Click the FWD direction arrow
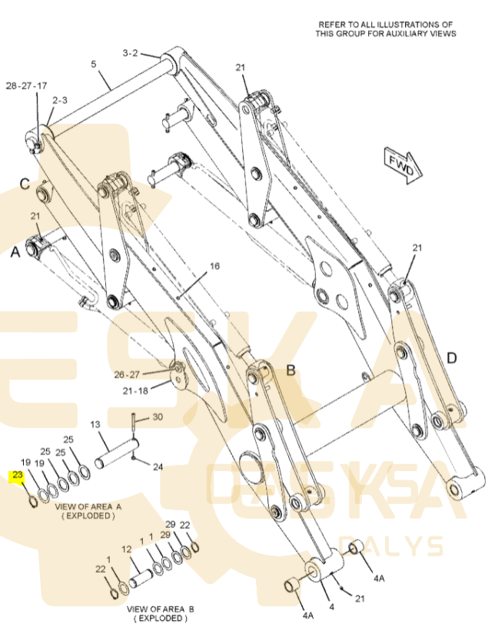(x=401, y=164)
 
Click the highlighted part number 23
(x=18, y=476)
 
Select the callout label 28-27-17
(x=27, y=85)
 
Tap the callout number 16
(x=214, y=266)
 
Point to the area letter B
(x=291, y=370)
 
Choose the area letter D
(x=451, y=357)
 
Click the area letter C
(x=25, y=184)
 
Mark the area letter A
(x=15, y=251)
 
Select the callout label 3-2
(x=130, y=53)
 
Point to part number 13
(x=96, y=425)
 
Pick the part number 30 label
(x=158, y=417)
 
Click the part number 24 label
(x=158, y=466)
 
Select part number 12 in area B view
(x=128, y=549)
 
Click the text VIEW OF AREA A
(x=88, y=507)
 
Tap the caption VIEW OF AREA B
(x=160, y=609)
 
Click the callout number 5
(x=94, y=65)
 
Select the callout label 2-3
(x=60, y=101)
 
